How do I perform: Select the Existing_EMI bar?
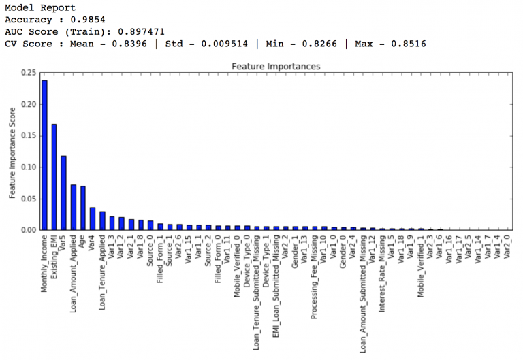point(54,177)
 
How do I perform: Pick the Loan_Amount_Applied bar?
point(74,207)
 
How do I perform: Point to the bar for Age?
point(83,208)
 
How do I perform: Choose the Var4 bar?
point(93,218)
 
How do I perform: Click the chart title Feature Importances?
point(276,67)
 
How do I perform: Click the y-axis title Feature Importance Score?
point(12,151)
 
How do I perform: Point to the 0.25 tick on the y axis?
point(27,73)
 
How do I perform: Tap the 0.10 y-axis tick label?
point(27,167)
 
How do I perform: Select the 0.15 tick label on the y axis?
point(27,135)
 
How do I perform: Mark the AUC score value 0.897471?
point(142,32)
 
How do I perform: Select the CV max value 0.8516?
point(409,44)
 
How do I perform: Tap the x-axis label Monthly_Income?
point(44,265)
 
